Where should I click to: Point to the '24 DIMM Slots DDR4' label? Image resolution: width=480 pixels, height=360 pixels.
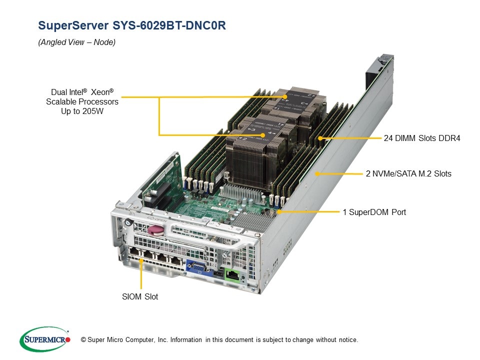421,138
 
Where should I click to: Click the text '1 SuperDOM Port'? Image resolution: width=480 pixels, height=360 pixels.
374,212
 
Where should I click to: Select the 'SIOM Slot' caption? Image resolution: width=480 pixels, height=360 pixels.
140,296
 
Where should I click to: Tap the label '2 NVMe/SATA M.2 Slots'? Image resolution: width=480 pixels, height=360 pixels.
408,174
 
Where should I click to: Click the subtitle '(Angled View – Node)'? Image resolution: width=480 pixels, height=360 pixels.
77,42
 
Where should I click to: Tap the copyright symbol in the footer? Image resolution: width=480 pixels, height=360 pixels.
83,340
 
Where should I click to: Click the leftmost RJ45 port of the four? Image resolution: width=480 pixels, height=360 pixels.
135,253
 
